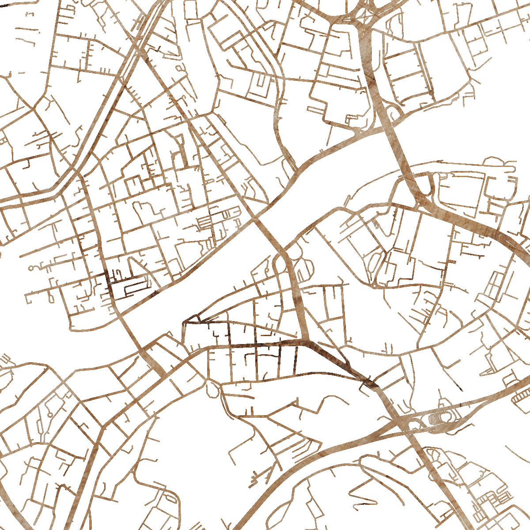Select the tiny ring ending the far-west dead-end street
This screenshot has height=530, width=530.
(x=32, y=268)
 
